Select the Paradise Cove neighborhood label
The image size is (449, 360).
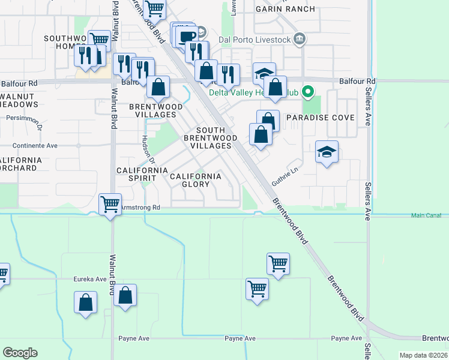[320, 118]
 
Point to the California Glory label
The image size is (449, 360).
[196, 180]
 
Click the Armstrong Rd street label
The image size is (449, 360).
[140, 208]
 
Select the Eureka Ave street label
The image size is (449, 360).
[89, 279]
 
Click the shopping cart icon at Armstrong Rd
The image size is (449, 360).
[110, 204]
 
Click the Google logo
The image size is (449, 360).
[20, 353]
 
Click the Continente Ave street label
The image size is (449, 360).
[35, 145]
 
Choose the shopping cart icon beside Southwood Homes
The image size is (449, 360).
[100, 40]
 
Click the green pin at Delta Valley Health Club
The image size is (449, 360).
[308, 92]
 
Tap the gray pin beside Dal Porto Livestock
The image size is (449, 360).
[300, 40]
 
